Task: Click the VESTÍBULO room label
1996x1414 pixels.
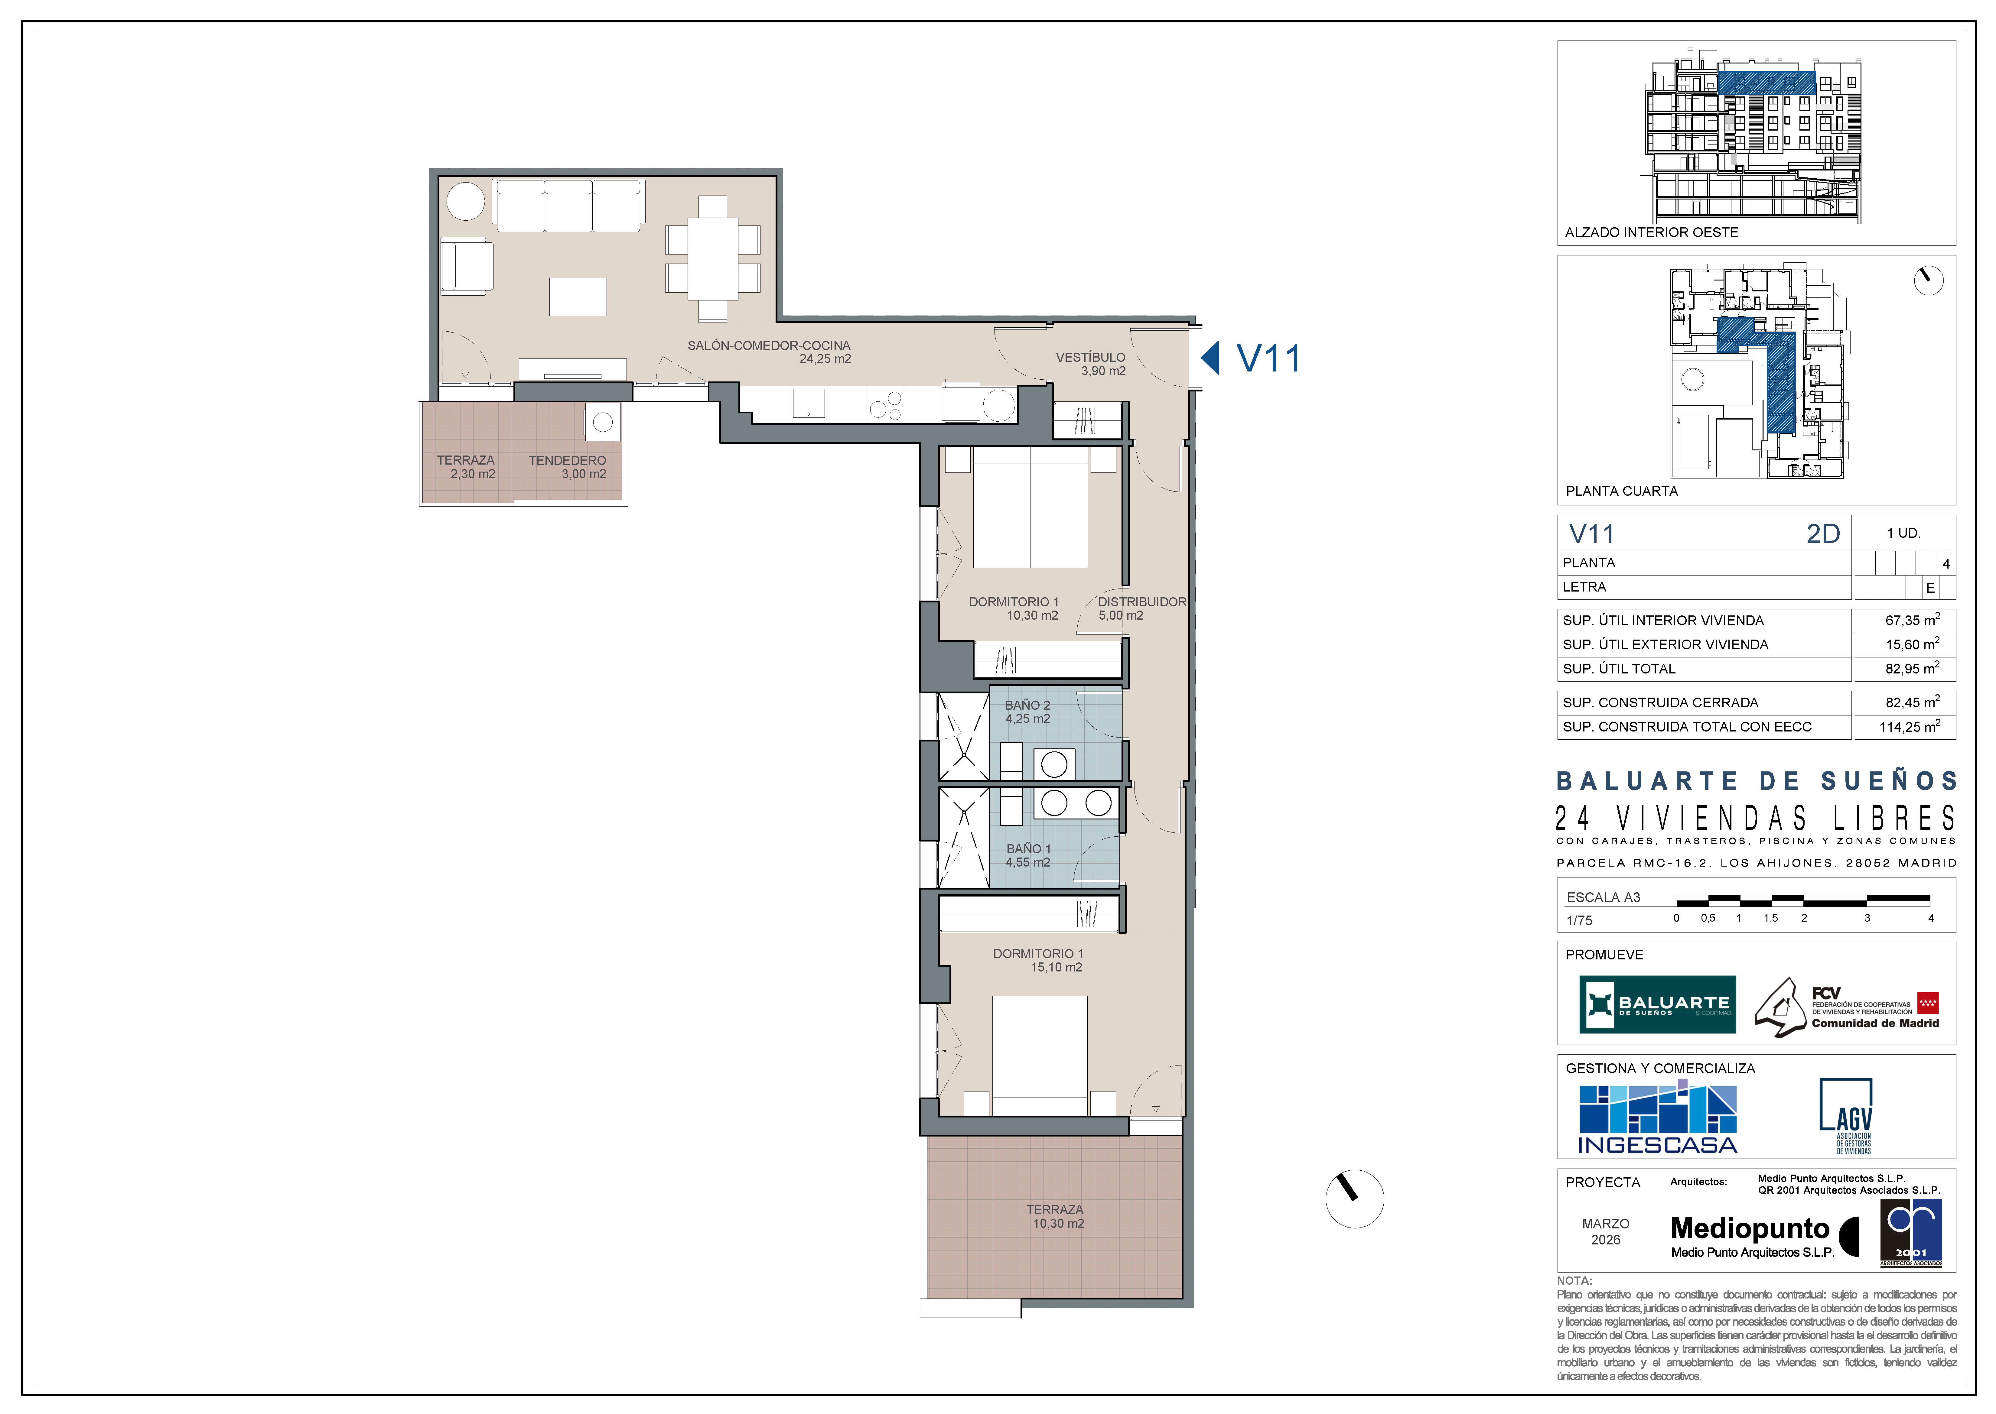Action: point(1090,357)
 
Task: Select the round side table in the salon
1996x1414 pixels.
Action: point(466,201)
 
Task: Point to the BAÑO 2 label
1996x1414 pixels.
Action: point(1027,705)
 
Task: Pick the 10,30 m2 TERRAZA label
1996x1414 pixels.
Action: point(1056,1216)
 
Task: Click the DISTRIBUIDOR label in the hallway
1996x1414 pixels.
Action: point(1142,602)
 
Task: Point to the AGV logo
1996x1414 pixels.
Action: point(1846,1115)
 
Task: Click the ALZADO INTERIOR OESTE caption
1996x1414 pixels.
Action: point(1651,232)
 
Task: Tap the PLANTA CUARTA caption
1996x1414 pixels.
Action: point(1622,491)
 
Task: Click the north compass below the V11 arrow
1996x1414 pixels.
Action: point(1354,1199)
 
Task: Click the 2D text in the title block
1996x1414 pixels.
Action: point(1823,534)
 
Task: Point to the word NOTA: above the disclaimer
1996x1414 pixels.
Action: point(1574,1281)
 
